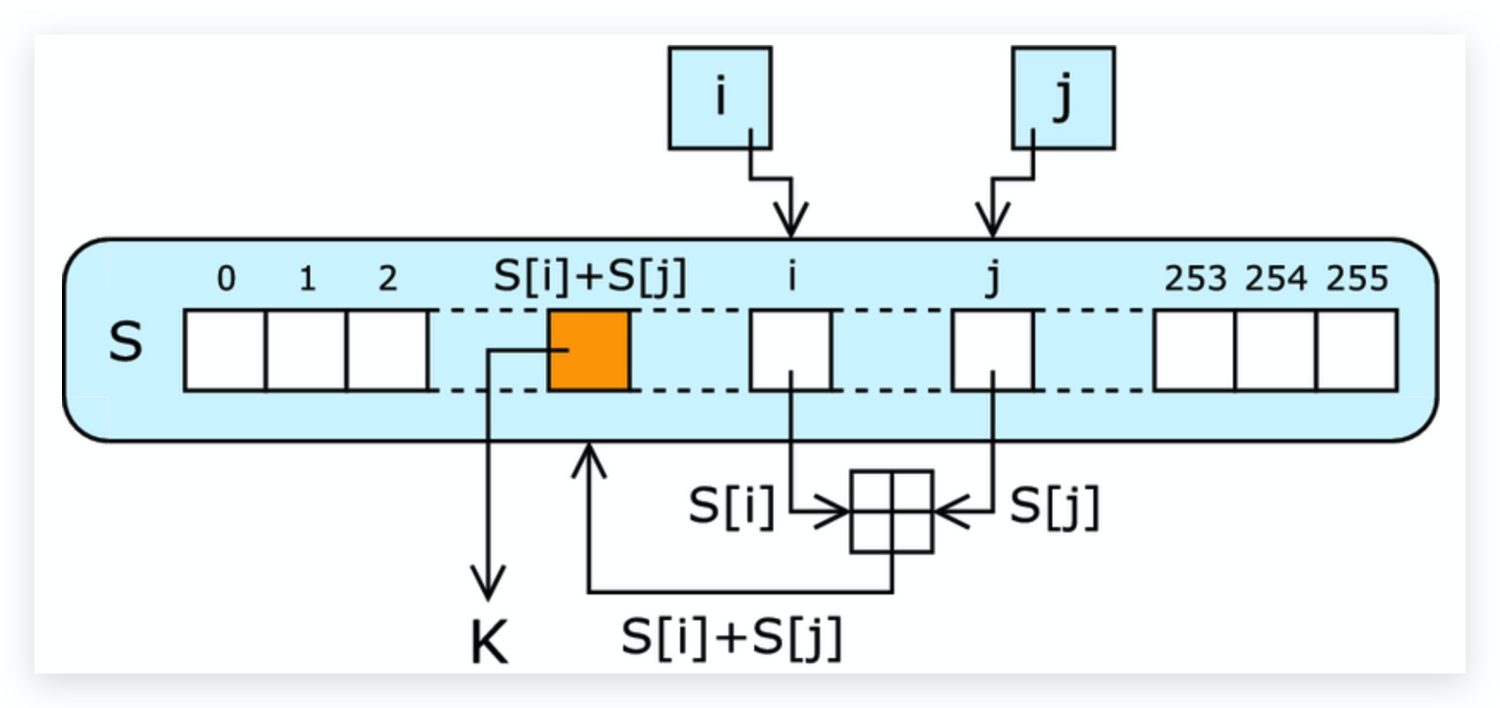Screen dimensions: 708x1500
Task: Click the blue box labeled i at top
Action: click(x=720, y=97)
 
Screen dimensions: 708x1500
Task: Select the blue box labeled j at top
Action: click(x=1063, y=97)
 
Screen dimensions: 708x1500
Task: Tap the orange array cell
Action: click(x=590, y=351)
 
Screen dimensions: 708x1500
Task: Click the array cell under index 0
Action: click(x=226, y=351)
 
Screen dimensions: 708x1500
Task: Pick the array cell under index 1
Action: click(x=307, y=351)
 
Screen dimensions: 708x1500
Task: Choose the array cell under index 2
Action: click(x=387, y=351)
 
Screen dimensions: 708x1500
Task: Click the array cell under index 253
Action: click(x=1194, y=351)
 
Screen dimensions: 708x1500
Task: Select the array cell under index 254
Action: click(x=1275, y=351)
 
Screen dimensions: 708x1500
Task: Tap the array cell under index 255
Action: click(x=1356, y=351)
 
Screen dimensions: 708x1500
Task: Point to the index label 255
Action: click(x=1357, y=278)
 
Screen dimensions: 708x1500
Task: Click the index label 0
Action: click(x=226, y=278)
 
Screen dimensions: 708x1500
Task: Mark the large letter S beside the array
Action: click(x=126, y=342)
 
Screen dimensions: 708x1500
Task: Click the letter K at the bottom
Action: click(x=489, y=643)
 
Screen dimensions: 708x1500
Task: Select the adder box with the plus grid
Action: click(x=892, y=512)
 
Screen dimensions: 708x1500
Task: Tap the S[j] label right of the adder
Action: click(x=1054, y=506)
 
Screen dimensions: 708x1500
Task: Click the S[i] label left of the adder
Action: click(x=731, y=506)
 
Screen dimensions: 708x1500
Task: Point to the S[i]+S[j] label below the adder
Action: click(x=731, y=638)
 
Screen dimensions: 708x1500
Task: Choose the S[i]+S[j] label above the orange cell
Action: click(x=591, y=276)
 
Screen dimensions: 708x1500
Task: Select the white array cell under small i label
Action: click(x=791, y=351)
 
